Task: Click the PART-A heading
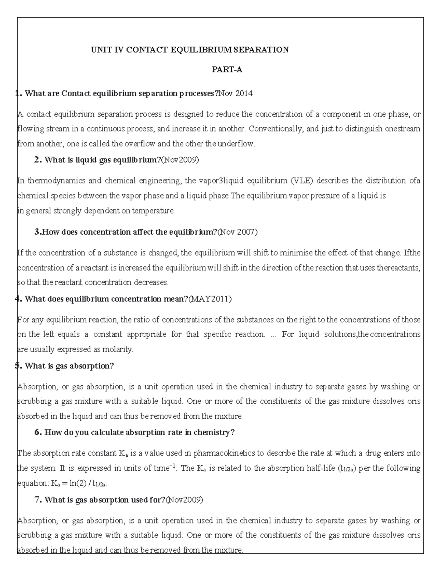227,70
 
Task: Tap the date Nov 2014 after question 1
236,93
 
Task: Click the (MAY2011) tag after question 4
210,299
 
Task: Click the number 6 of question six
37,432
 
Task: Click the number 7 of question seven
37,500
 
